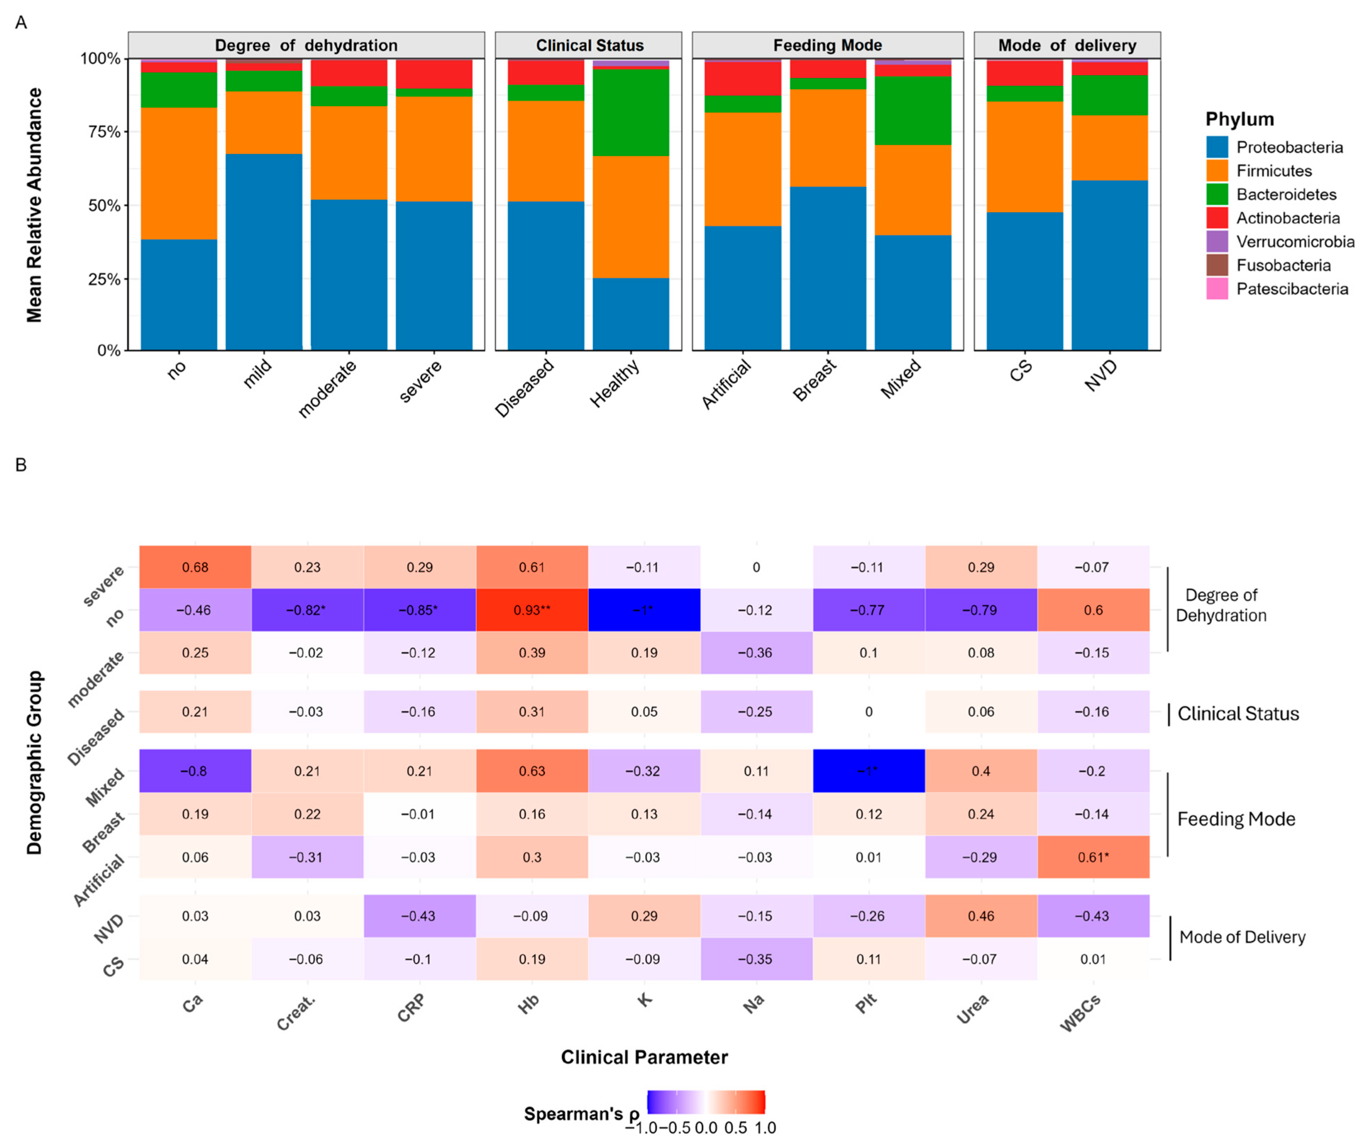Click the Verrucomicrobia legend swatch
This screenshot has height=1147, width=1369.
(x=1217, y=242)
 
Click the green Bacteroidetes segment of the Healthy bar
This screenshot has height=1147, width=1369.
(x=631, y=112)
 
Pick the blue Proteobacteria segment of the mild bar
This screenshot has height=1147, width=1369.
(x=264, y=251)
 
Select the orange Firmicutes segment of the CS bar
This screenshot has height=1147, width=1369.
(x=1025, y=156)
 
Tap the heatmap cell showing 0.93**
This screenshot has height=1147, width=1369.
(x=532, y=610)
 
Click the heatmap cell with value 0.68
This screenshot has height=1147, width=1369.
(x=195, y=567)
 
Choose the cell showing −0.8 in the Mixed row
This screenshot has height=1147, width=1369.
(x=195, y=771)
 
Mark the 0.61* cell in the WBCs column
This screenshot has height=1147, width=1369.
(x=1093, y=857)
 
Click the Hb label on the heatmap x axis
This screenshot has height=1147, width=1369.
(x=528, y=1004)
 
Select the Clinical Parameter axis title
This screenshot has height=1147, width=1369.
(x=644, y=1057)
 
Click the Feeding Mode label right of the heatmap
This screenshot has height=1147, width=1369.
(x=1236, y=819)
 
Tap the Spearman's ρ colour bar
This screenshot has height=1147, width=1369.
(x=706, y=1101)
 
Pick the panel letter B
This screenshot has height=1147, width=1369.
(x=21, y=464)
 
